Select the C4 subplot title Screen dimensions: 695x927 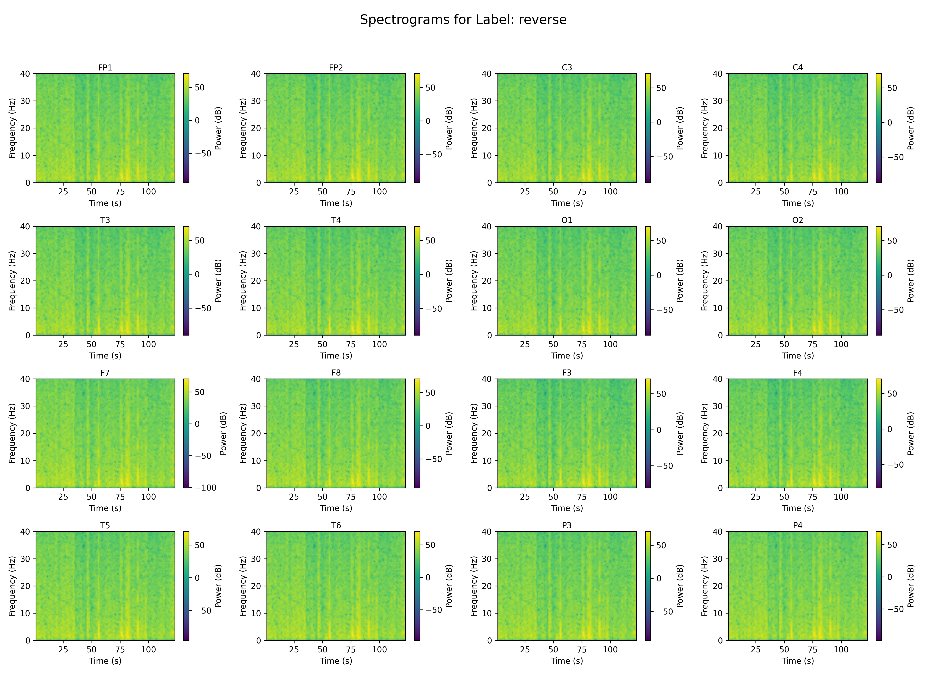(797, 67)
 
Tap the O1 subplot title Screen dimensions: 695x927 (567, 220)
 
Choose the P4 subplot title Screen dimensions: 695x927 (797, 525)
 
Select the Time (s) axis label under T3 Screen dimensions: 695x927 (105, 356)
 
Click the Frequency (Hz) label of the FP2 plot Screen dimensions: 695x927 (243, 128)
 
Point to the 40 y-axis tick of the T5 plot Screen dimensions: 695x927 (25, 532)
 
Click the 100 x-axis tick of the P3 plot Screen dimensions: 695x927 (610, 649)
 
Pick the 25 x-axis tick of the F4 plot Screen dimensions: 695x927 (756, 497)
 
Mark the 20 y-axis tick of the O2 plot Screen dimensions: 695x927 (718, 281)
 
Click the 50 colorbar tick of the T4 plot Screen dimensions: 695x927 (430, 241)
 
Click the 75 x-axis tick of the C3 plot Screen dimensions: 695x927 (582, 192)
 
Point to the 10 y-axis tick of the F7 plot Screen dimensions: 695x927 (25, 460)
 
